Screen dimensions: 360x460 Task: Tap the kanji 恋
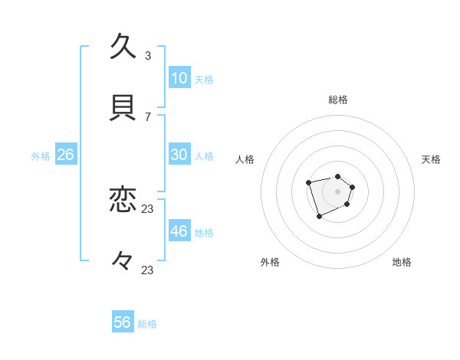(x=123, y=201)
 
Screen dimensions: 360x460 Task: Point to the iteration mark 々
(x=123, y=261)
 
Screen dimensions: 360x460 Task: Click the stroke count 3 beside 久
(x=147, y=55)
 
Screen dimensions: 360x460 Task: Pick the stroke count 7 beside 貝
(x=147, y=116)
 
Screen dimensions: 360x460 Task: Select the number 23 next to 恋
(x=148, y=208)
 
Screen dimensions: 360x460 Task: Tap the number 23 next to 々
(x=148, y=270)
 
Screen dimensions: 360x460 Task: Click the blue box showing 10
(x=179, y=78)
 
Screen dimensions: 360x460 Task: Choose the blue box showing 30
(x=179, y=155)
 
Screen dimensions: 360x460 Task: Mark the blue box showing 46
(x=179, y=231)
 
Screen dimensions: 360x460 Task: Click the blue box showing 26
(x=65, y=155)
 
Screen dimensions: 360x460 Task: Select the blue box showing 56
(x=123, y=322)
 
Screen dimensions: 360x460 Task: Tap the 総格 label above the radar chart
(x=337, y=100)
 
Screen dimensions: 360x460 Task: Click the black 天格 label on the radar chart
(x=431, y=159)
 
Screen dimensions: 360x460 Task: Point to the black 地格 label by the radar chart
(x=402, y=262)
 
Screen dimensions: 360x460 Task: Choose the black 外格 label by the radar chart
(x=270, y=262)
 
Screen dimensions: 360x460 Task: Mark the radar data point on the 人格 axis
(x=308, y=182)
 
